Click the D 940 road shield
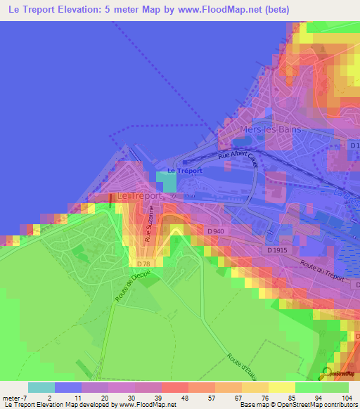pyautogui.click(x=215, y=231)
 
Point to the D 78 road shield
pyautogui.click(x=143, y=263)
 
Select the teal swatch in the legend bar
pyautogui.click(x=41, y=387)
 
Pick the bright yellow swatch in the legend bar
pyautogui.click(x=282, y=387)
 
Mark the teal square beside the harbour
pyautogui.click(x=166, y=181)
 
